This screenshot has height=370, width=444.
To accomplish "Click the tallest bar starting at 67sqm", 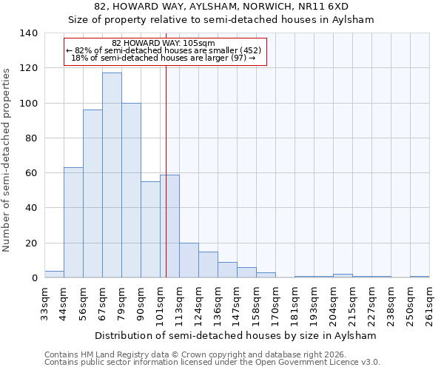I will (112, 175).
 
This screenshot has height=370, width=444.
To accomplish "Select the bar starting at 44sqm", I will (73, 223).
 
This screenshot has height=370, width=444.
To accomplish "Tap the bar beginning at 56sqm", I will (92, 194).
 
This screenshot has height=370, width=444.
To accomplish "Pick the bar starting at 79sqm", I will (131, 190).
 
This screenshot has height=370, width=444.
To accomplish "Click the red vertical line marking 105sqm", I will (166, 185).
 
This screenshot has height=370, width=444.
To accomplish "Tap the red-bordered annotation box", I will (165, 52).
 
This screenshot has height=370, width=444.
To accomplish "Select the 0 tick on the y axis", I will (34, 278).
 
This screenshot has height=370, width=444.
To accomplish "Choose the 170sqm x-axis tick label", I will (275, 303).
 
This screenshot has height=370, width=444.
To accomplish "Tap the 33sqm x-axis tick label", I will (44, 303).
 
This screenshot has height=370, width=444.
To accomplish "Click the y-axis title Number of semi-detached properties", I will (7, 160).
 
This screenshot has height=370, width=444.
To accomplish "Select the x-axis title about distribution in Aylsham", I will (236, 335).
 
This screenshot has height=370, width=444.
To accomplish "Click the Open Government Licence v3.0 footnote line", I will (212, 363).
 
